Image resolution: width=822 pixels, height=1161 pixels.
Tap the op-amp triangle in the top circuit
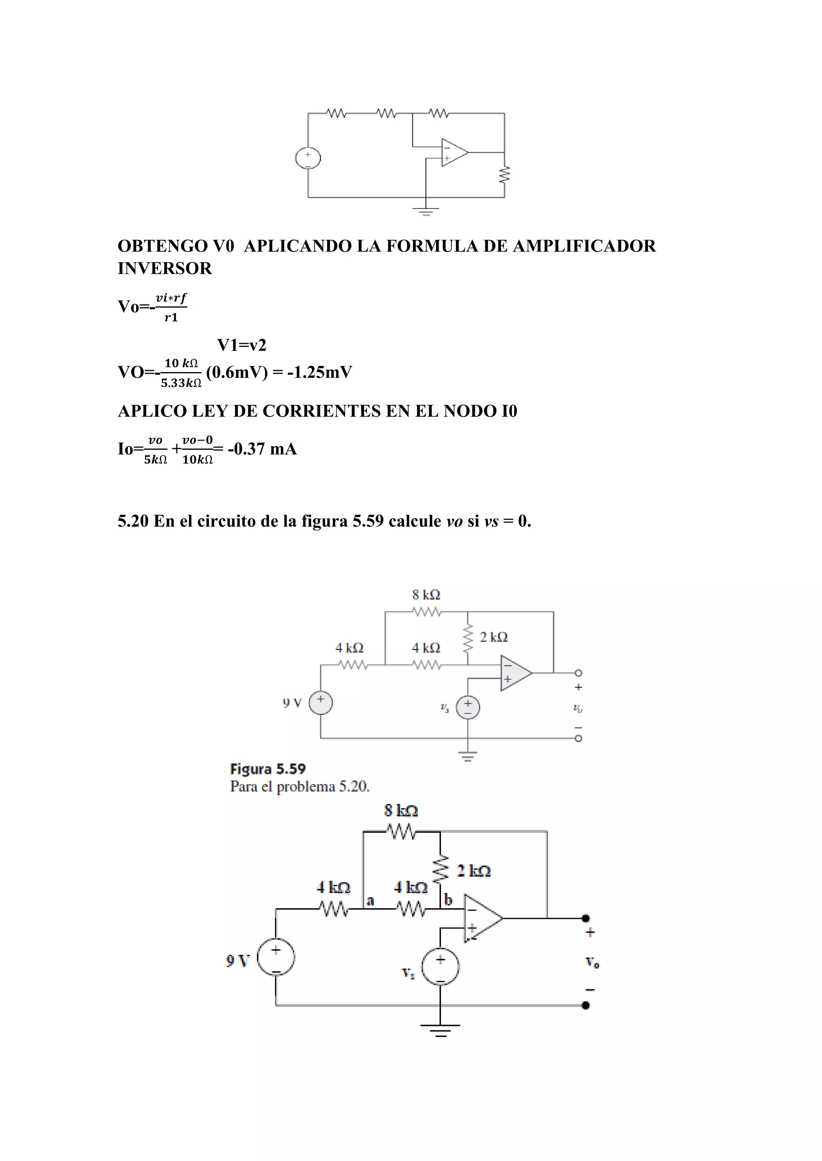tap(454, 152)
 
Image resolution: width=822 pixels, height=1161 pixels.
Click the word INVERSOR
tap(165, 268)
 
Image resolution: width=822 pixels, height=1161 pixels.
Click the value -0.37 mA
tap(262, 449)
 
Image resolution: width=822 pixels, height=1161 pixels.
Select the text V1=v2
tap(242, 345)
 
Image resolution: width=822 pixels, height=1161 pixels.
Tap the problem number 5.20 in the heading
tap(132, 521)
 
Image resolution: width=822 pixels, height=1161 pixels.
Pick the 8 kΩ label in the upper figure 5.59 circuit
tap(426, 595)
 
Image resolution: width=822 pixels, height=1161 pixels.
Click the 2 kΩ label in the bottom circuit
tap(474, 871)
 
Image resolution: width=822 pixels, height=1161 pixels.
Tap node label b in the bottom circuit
tap(448, 900)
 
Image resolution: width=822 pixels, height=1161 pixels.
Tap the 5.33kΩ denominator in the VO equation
tap(181, 383)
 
